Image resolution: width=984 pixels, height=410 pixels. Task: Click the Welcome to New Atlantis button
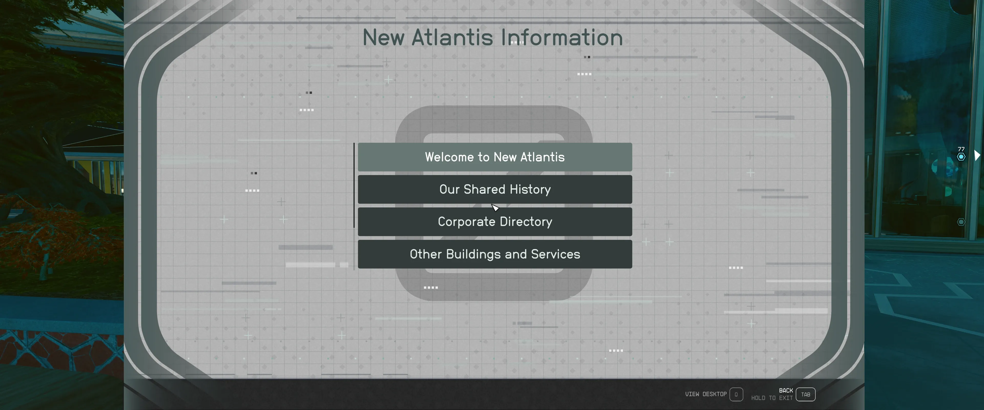click(495, 157)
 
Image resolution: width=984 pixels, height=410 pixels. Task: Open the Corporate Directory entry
click(495, 222)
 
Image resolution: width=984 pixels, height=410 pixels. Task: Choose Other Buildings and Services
click(495, 254)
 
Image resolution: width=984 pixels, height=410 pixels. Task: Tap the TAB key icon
click(806, 394)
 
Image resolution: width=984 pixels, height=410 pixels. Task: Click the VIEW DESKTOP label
click(706, 394)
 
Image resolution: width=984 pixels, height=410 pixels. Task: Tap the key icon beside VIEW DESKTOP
click(736, 394)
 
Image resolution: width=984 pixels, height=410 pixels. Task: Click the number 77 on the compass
click(961, 149)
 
